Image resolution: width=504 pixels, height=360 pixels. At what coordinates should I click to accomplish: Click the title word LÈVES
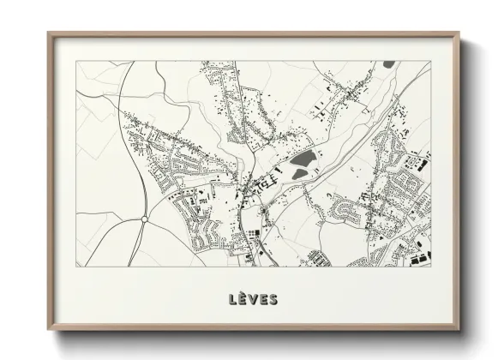click(x=253, y=299)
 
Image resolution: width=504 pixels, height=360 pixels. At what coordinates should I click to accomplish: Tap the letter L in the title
click(x=233, y=299)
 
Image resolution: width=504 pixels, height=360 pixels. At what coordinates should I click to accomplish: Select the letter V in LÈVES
click(x=254, y=299)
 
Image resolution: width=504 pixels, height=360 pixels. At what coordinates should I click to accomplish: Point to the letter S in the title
click(x=273, y=299)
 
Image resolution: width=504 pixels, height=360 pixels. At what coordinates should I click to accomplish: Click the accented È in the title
click(x=243, y=299)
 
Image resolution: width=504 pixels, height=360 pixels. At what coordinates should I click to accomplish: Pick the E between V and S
click(x=263, y=299)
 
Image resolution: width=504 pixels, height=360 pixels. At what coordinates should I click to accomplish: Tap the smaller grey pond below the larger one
click(x=300, y=175)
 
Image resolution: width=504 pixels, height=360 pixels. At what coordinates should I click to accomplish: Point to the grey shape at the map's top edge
click(x=389, y=64)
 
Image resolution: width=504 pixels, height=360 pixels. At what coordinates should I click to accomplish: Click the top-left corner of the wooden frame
click(x=49, y=33)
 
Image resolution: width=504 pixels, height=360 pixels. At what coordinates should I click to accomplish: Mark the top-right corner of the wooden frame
click(x=459, y=33)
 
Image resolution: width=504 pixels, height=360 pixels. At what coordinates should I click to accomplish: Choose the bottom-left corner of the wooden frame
click(x=49, y=332)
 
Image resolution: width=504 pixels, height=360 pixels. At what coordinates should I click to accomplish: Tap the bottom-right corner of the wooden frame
click(x=459, y=332)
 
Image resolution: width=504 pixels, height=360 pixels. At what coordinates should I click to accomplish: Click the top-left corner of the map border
click(x=76, y=61)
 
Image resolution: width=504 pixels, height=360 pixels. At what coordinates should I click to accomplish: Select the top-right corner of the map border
click(x=430, y=61)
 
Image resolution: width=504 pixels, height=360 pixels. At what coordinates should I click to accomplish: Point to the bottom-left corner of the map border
click(x=76, y=266)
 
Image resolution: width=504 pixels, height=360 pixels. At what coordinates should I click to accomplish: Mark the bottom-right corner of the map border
click(x=430, y=266)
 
